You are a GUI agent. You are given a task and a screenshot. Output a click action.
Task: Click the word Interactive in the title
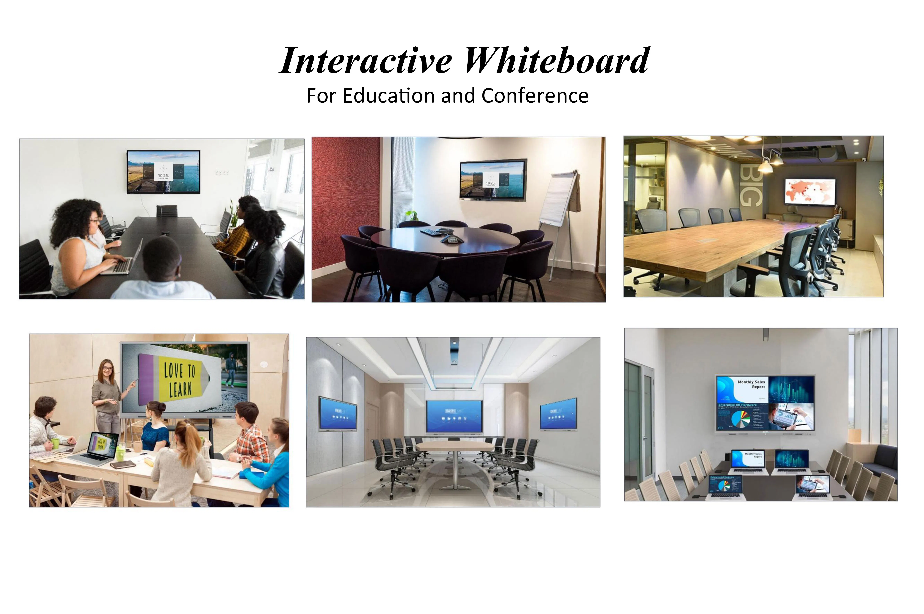tap(366, 61)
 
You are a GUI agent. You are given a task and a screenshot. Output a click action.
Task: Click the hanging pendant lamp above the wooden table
tap(765, 166)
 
